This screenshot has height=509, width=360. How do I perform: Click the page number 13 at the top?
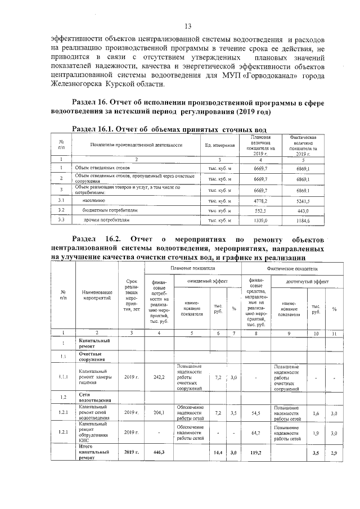188,26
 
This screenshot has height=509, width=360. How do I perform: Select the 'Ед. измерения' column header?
219,145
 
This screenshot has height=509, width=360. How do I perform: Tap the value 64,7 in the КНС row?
256,433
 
